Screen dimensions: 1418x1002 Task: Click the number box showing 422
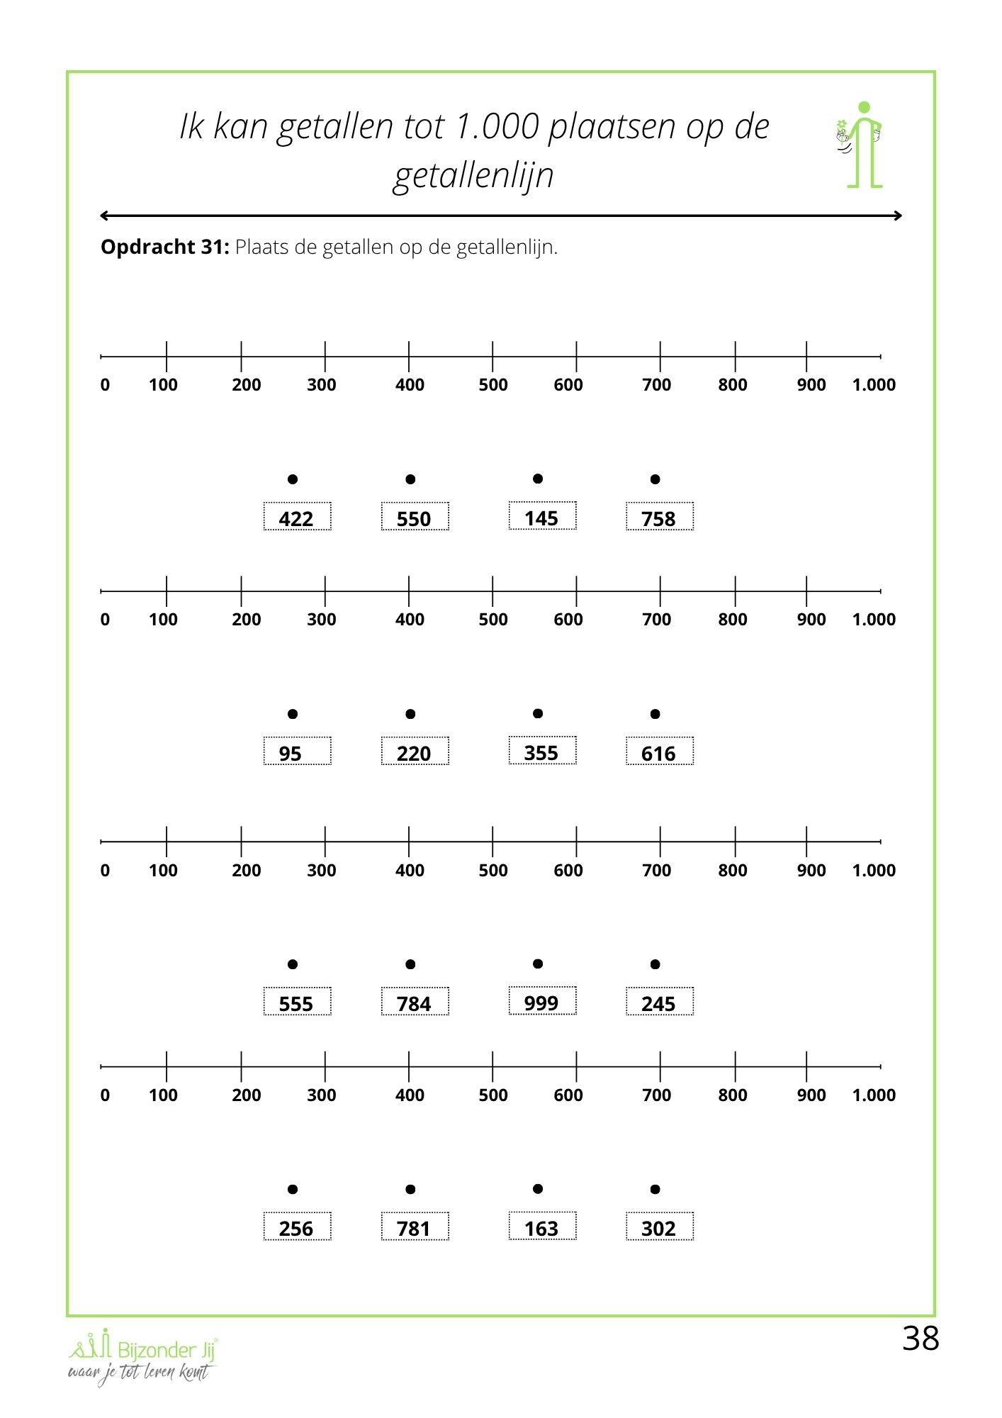297,517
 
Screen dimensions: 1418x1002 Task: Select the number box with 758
659,517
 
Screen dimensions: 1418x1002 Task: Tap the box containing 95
297,752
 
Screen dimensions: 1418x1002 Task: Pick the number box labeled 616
659,752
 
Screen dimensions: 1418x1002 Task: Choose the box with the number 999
542,1001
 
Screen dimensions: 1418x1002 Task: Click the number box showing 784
415,1002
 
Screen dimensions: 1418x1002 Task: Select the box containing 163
542,1227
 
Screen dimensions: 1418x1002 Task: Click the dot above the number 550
410,480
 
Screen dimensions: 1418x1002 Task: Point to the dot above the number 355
538,713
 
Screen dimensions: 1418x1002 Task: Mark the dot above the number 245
655,964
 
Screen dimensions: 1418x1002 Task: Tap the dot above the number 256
293,1189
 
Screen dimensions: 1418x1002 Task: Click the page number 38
921,1339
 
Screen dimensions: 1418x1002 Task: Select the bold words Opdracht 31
164,247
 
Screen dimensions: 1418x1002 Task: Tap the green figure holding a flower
862,145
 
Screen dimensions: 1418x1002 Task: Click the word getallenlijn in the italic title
473,175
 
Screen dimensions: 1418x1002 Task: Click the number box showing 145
542,516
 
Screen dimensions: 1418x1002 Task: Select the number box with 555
297,1002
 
